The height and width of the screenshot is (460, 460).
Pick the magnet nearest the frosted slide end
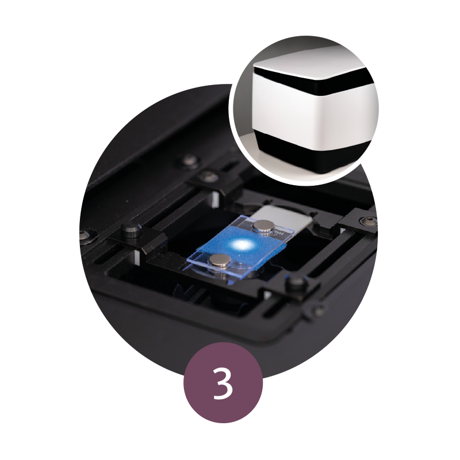click(262, 228)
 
